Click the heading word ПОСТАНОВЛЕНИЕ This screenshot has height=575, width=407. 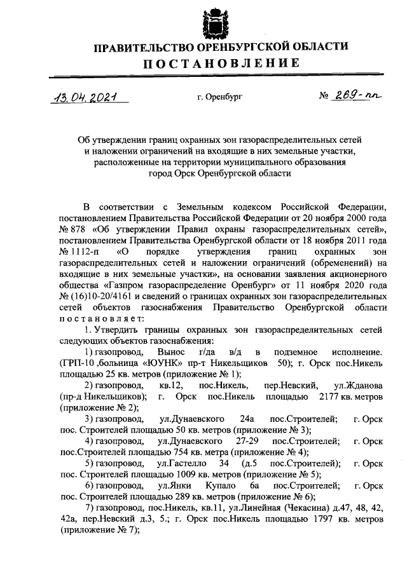click(220, 64)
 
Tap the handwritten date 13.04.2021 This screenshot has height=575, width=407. click(88, 98)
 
